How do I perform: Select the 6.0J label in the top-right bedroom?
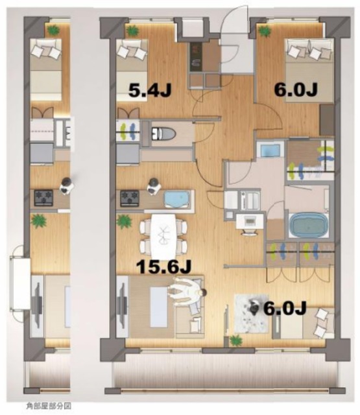point(296,91)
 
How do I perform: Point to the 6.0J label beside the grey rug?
point(284,309)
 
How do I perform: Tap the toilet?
point(162,134)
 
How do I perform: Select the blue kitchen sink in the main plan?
point(176,198)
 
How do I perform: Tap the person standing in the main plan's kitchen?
point(154,187)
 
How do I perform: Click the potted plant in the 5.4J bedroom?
point(132,30)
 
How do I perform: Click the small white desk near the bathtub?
point(248,222)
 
